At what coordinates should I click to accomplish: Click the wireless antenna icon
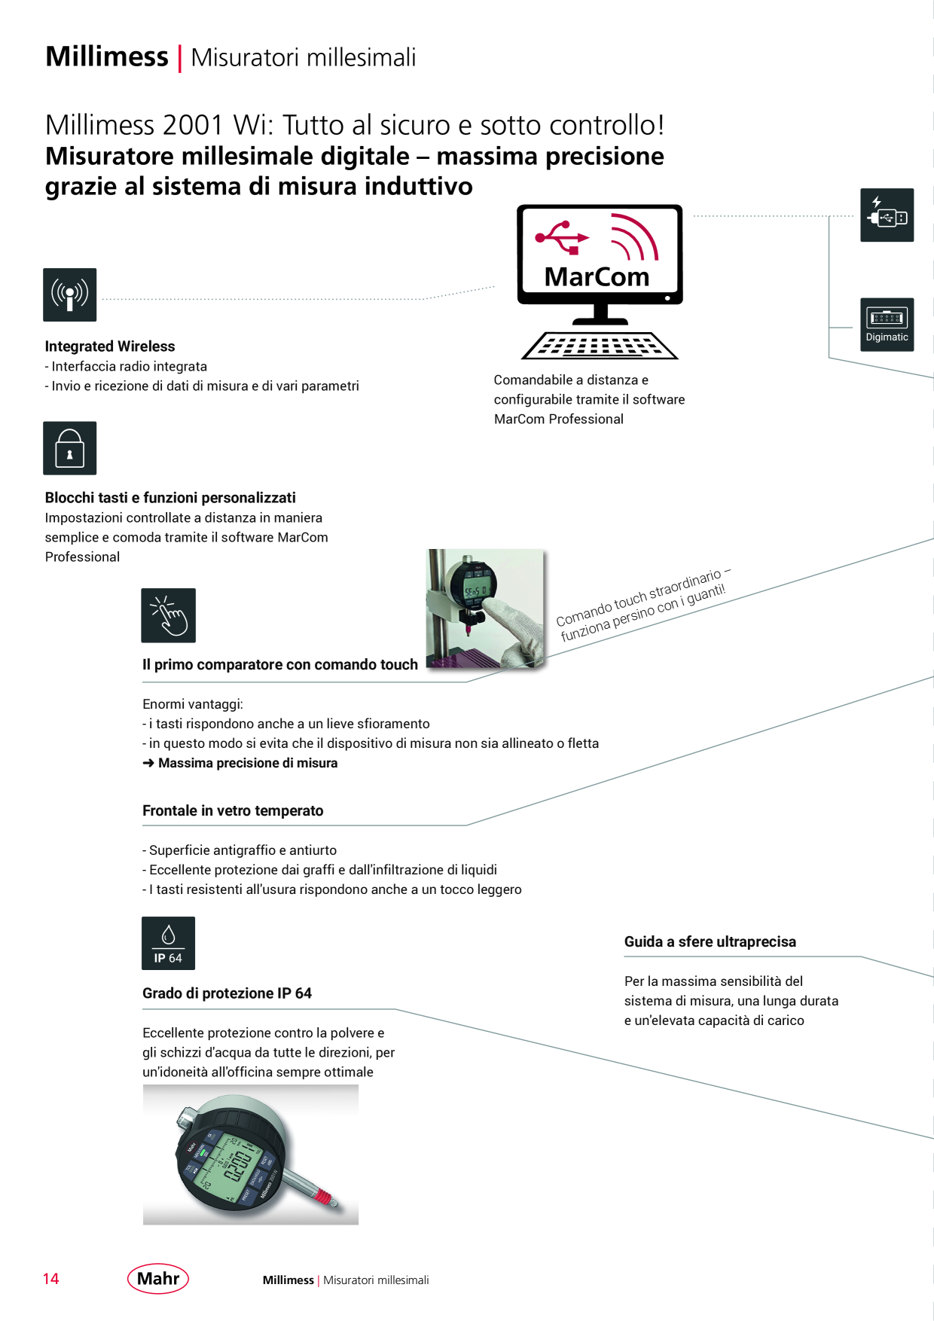[70, 294]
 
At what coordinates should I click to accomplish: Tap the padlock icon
[70, 448]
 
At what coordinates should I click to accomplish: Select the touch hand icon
[169, 615]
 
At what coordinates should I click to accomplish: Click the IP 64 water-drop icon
[169, 943]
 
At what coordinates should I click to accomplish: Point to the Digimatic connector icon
[887, 325]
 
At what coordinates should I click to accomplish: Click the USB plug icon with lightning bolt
[887, 215]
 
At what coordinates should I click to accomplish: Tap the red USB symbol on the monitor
[562, 236]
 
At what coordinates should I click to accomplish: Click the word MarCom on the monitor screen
[597, 277]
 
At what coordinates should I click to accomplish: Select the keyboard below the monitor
[600, 346]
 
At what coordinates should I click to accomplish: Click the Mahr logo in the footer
[158, 1278]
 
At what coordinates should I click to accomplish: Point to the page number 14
[51, 1279]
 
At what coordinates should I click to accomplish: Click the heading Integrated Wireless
[110, 346]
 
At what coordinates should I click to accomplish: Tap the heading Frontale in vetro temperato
[233, 810]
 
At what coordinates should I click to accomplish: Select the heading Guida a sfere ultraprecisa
[710, 941]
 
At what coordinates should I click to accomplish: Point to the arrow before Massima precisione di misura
[148, 763]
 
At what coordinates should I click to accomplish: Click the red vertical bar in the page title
[179, 59]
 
